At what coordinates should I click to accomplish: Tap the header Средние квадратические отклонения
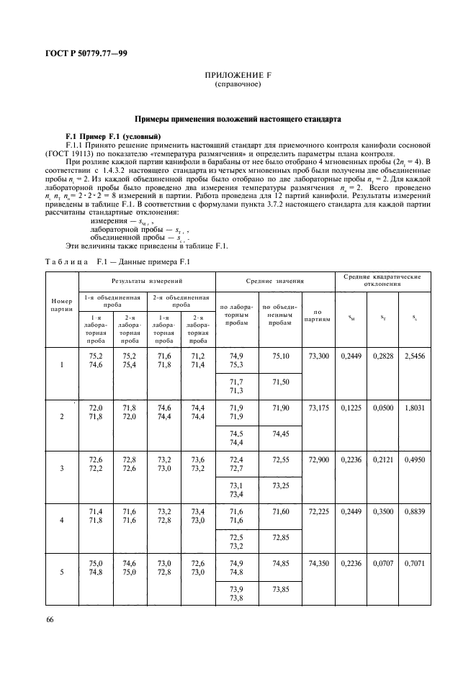pos(382,279)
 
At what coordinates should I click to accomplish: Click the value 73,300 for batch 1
pos(318,356)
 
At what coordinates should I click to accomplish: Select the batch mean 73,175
pos(318,408)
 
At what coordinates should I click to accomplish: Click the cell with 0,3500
pos(384,510)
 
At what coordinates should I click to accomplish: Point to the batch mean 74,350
pos(318,561)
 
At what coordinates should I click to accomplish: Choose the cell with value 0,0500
pos(384,408)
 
